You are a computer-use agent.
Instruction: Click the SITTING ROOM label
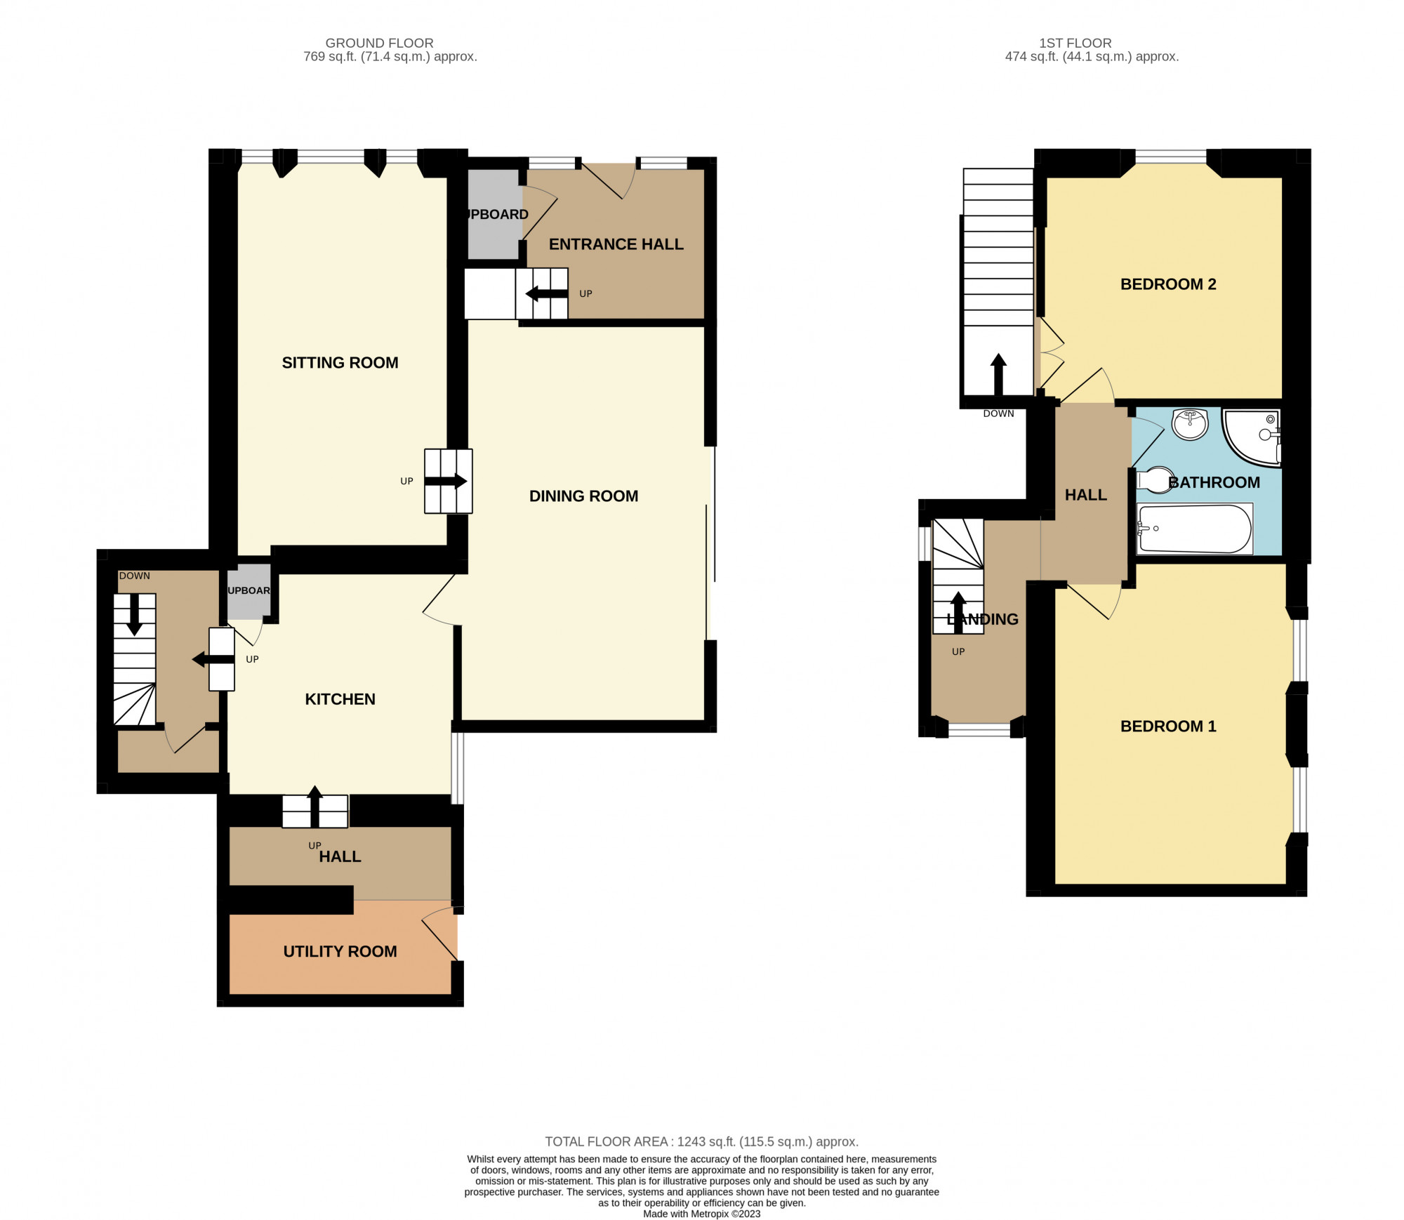click(x=340, y=363)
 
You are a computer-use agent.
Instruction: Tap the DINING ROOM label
click(x=583, y=496)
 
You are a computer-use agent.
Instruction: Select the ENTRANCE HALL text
click(x=616, y=244)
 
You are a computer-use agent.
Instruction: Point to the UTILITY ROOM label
click(x=340, y=951)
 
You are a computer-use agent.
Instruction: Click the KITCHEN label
click(x=340, y=699)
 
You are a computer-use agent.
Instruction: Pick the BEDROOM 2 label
click(x=1168, y=284)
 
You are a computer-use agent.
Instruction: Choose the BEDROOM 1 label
click(x=1168, y=727)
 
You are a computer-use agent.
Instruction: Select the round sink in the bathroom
click(x=1190, y=424)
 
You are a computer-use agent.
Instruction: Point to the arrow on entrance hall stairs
click(x=546, y=293)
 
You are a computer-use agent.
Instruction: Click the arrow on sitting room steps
click(x=446, y=482)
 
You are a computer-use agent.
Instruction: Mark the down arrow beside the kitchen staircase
click(x=133, y=615)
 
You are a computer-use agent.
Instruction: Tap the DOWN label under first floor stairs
click(x=998, y=413)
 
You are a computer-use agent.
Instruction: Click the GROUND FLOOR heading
click(x=379, y=43)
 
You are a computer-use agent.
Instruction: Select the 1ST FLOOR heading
click(x=1075, y=43)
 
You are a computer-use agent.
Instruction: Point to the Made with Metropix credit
click(x=701, y=1214)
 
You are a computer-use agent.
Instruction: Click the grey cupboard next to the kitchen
click(x=249, y=592)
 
